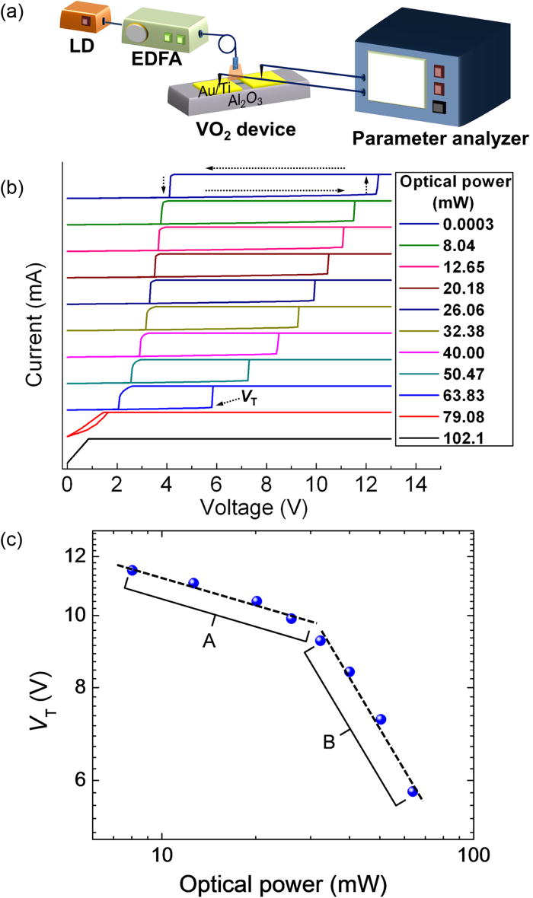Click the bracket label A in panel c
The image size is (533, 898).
(209, 642)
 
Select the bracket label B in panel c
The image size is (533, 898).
(329, 742)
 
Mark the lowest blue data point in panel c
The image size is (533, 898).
(413, 791)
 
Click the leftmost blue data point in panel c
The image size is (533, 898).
(132, 570)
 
